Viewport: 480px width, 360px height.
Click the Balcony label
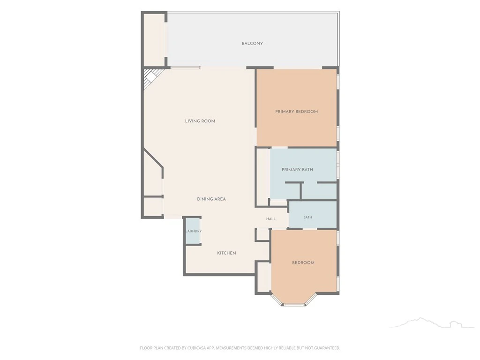tap(252, 44)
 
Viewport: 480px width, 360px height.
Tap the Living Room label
tap(200, 121)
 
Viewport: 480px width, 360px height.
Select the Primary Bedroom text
tap(296, 112)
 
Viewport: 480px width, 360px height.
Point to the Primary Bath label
tap(297, 169)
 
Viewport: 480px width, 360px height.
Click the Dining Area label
tap(211, 199)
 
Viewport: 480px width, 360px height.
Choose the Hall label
tap(271, 219)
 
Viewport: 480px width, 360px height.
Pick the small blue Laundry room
tap(193, 231)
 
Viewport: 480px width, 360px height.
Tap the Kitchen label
tap(226, 253)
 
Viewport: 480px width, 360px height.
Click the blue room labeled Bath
tap(313, 215)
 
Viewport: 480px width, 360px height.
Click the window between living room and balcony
tap(186, 67)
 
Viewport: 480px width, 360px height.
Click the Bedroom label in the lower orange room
tap(303, 262)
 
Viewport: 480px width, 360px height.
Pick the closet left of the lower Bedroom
tap(263, 277)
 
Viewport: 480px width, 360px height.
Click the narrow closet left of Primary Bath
tap(262, 177)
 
